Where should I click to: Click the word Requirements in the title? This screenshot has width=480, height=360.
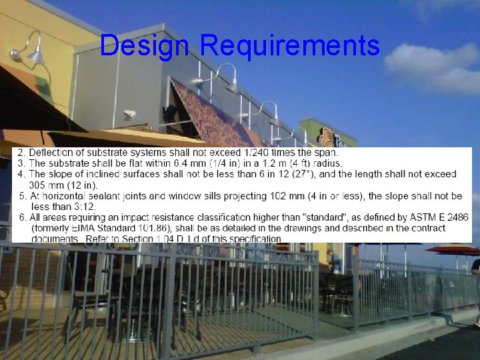click(x=289, y=45)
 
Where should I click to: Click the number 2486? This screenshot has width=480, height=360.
click(x=456, y=217)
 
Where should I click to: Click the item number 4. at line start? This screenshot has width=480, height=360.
click(x=21, y=174)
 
